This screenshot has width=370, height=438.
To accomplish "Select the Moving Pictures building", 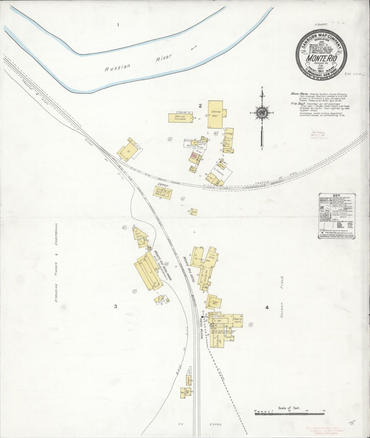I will click(x=180, y=118).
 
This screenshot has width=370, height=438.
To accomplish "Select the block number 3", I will click(x=116, y=306).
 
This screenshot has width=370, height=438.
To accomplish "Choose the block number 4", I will click(x=267, y=307).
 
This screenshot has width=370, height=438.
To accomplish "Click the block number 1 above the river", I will click(x=118, y=25).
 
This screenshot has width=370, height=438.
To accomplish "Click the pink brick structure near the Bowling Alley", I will click(x=194, y=156).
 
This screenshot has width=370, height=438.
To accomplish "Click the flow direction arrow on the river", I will click(x=194, y=48).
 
